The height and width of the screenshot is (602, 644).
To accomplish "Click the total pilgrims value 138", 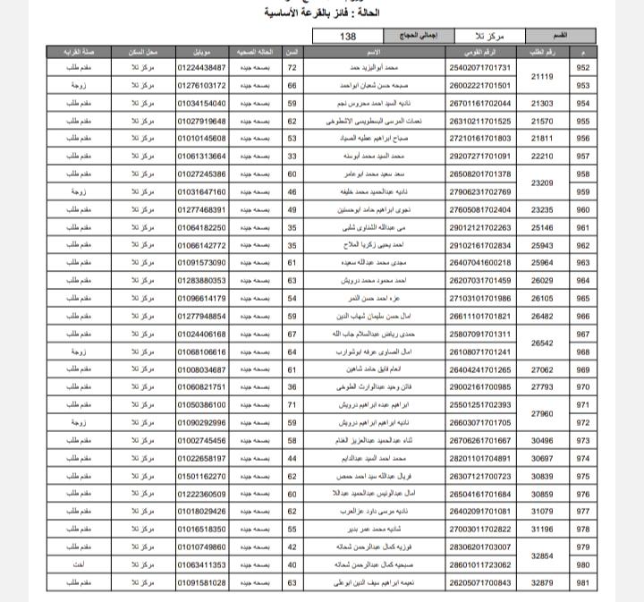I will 349,36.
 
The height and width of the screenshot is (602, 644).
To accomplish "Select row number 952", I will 583,68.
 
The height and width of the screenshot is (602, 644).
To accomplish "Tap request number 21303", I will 542,104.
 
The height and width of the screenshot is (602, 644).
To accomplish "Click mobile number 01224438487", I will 201,68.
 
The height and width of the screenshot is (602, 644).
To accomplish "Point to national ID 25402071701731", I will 480,68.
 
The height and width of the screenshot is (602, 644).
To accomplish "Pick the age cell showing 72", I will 292,68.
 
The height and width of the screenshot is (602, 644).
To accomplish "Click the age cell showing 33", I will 292,157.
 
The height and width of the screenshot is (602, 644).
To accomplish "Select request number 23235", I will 542,209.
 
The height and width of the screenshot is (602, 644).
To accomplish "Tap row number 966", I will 583,316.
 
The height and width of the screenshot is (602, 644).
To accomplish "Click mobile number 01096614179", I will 201,298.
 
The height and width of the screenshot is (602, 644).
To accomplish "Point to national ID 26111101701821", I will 480,316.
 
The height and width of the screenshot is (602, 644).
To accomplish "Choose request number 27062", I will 542,369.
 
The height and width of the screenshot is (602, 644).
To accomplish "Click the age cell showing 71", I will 292,404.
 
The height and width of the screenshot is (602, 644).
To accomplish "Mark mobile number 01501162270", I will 201,476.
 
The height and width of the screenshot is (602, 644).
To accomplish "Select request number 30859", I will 542,494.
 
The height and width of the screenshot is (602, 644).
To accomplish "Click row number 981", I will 583,582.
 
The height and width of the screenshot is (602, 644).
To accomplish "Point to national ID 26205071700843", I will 480,582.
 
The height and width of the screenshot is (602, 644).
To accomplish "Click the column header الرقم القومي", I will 480,52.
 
